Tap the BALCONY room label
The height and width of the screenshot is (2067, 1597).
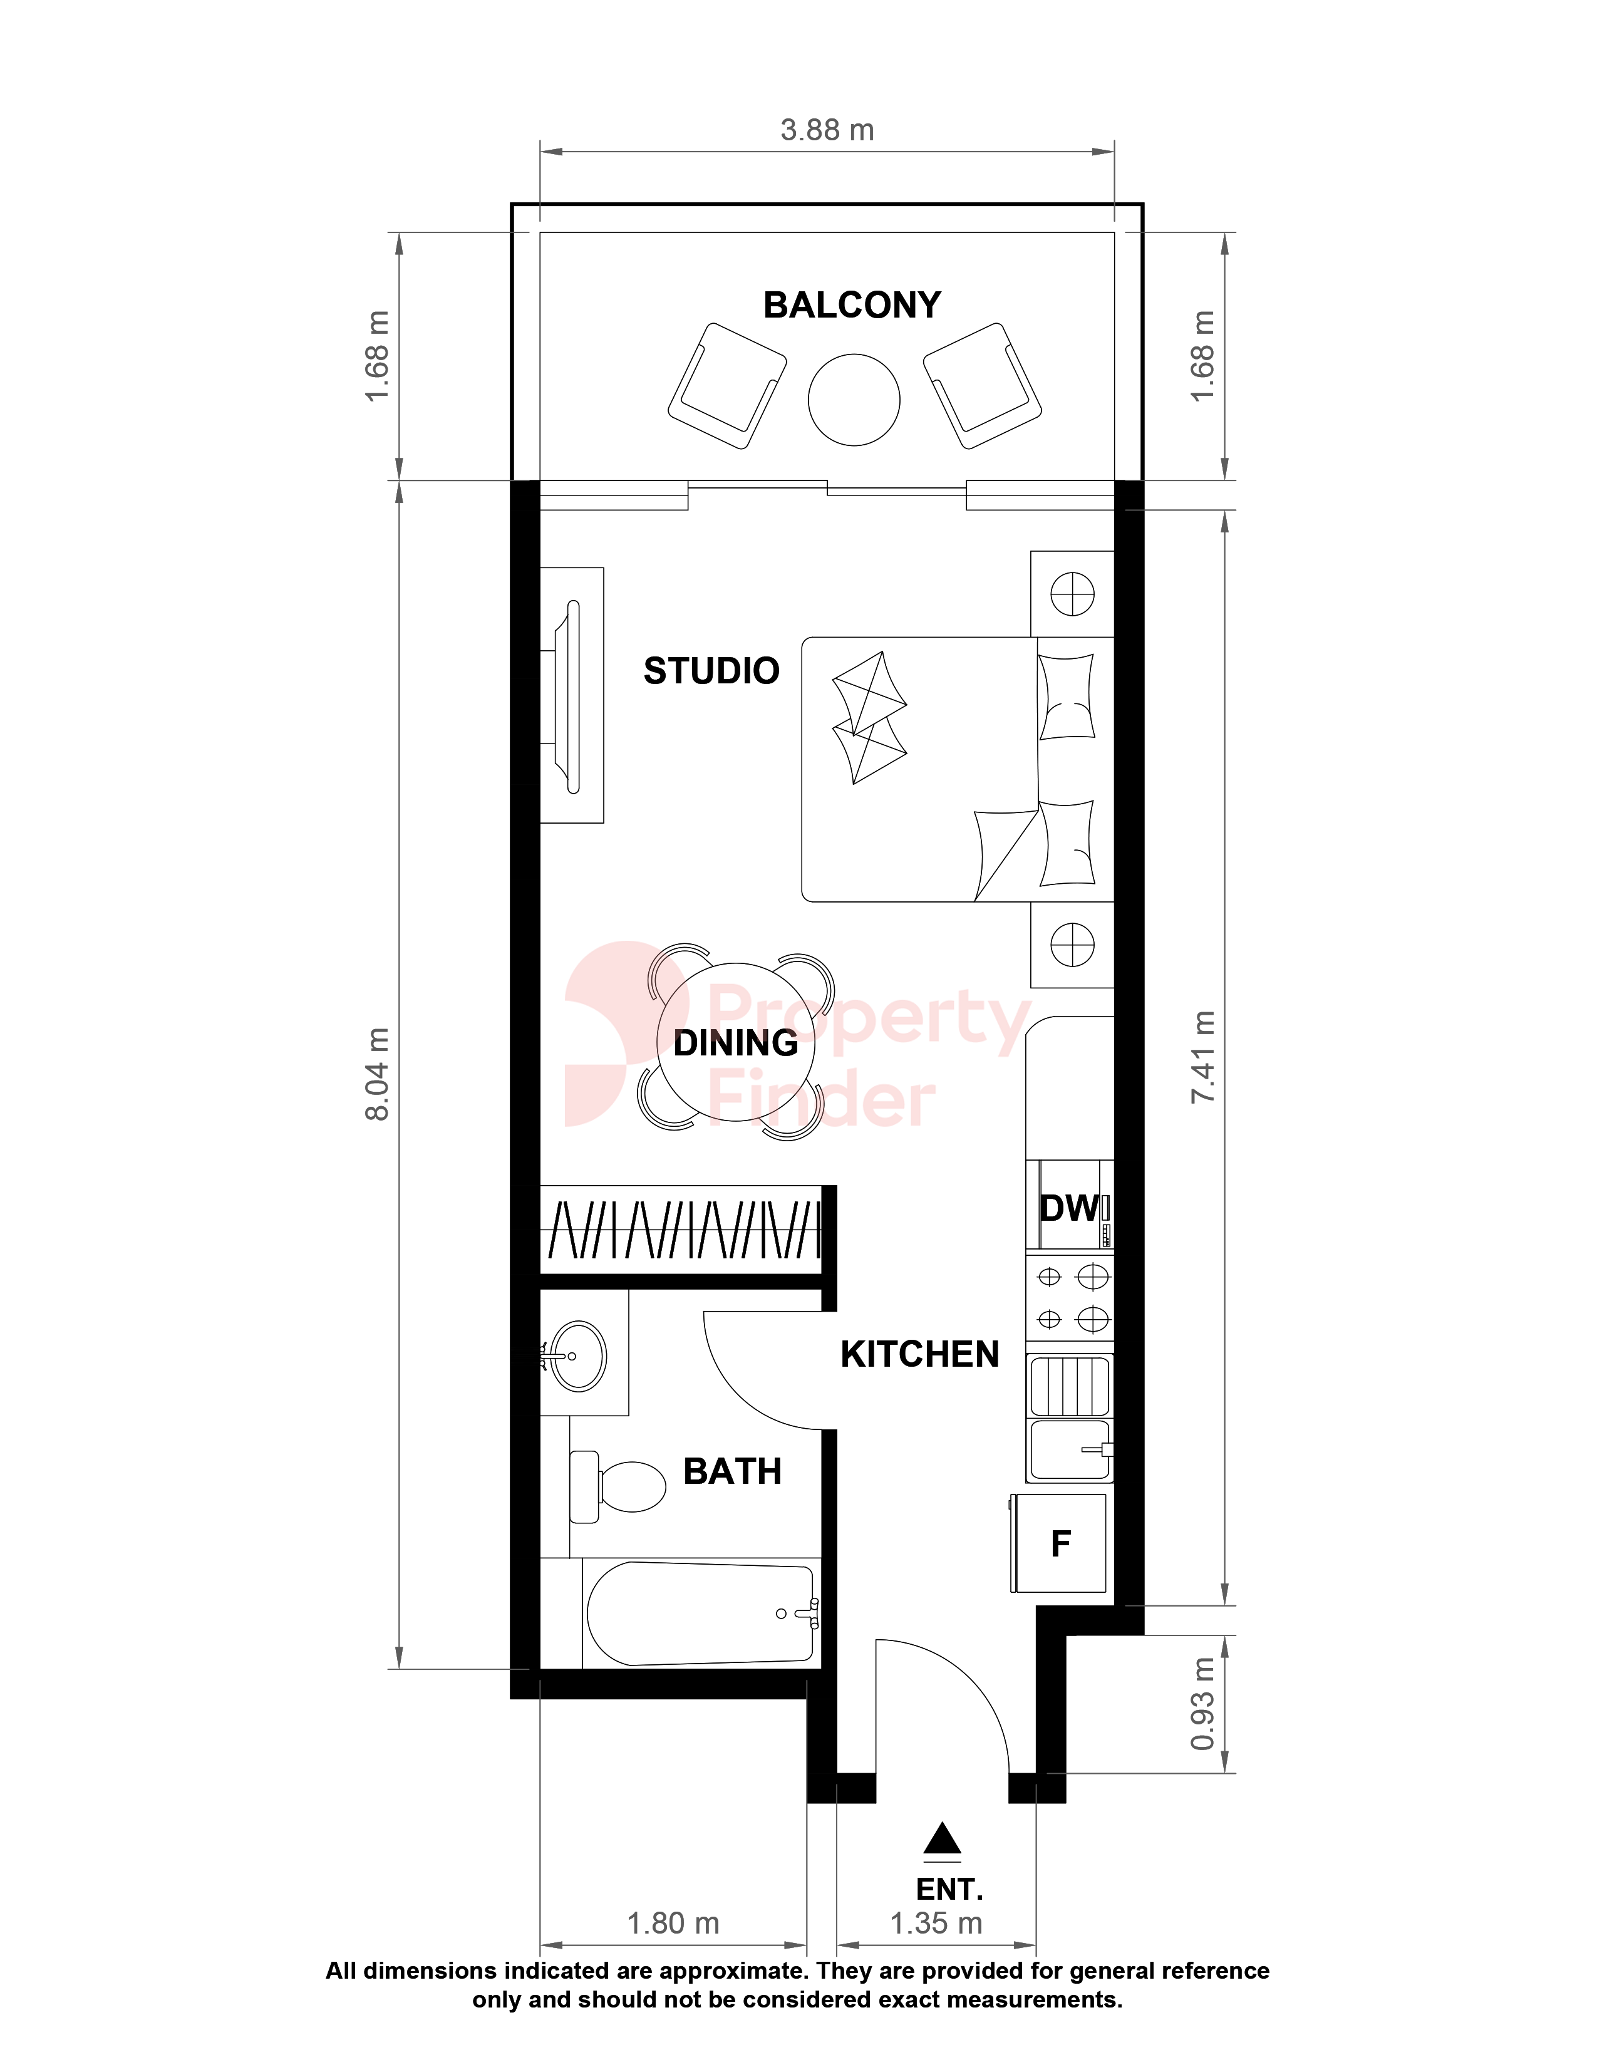[x=852, y=305]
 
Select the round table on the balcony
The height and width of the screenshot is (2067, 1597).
[x=854, y=400]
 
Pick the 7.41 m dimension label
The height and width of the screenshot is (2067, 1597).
[x=1202, y=1056]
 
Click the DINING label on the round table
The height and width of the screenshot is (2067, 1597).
[x=736, y=1043]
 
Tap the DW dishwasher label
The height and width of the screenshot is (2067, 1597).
[x=1069, y=1209]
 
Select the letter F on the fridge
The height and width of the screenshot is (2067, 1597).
[x=1060, y=1543]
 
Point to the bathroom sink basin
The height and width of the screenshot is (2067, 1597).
[x=578, y=1356]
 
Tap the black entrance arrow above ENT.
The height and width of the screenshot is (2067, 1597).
[x=943, y=1838]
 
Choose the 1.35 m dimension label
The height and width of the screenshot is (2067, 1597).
[x=936, y=1923]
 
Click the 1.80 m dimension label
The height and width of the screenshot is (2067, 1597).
[x=673, y=1923]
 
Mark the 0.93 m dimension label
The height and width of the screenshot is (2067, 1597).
[x=1202, y=1704]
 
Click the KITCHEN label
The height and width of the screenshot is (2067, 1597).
[x=919, y=1354]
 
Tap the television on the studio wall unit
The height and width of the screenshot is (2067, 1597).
[x=571, y=697]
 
